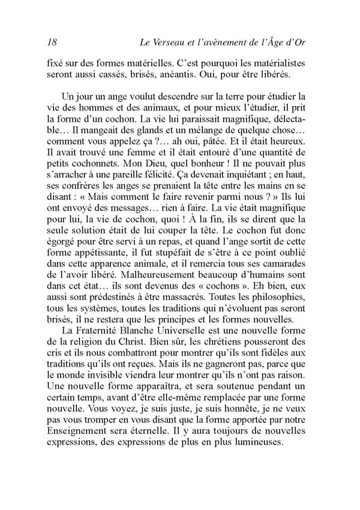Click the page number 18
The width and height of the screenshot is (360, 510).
(x=51, y=42)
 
